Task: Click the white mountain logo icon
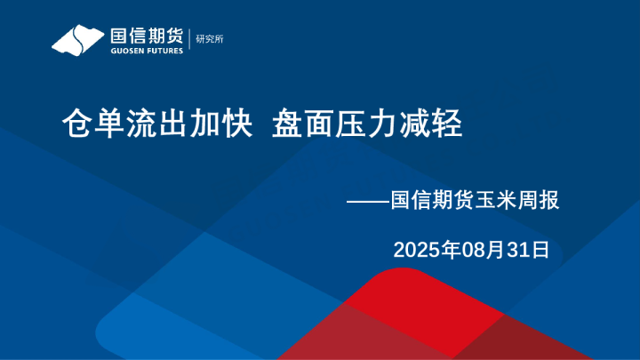point(78,40)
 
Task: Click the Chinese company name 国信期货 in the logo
point(146,36)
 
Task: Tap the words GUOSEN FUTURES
point(146,51)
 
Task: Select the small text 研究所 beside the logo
point(210,39)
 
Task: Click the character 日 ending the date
point(540,250)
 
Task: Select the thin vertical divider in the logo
point(189,40)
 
